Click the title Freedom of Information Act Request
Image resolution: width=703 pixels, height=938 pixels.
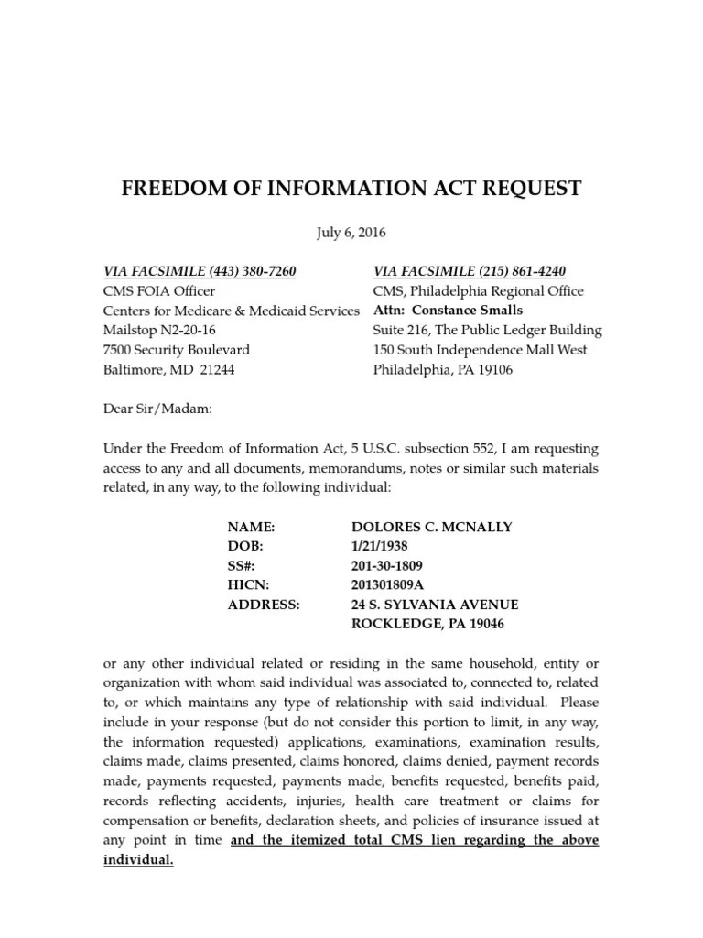[x=351, y=189]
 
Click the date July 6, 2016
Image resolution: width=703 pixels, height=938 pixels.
[x=351, y=232]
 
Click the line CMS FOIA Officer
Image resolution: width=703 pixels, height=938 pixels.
[x=159, y=291]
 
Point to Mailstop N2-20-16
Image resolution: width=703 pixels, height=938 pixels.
[x=159, y=330]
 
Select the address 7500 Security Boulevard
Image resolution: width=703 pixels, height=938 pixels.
[x=176, y=350]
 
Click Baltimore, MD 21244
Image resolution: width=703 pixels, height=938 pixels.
[x=168, y=370]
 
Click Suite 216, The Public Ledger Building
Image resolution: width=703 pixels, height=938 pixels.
[x=487, y=330]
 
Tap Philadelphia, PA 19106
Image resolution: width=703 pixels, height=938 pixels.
[x=442, y=370]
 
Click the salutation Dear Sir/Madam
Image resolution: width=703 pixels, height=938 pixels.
[x=157, y=409]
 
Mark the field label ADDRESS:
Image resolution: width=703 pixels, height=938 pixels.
[x=263, y=605]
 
